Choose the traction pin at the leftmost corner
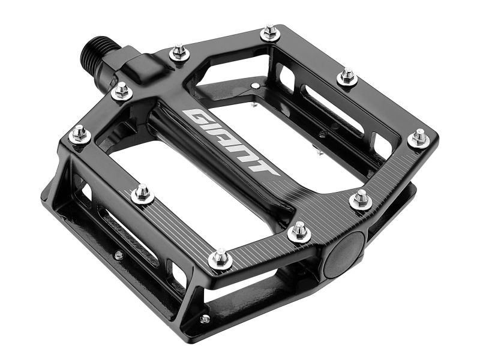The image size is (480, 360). [80, 134]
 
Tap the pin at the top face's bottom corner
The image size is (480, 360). [221, 258]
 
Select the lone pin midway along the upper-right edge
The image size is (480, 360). [347, 77]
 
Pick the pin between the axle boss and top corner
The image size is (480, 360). [179, 53]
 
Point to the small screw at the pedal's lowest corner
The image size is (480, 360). [205, 319]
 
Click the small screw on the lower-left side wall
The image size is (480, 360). [119, 255]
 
